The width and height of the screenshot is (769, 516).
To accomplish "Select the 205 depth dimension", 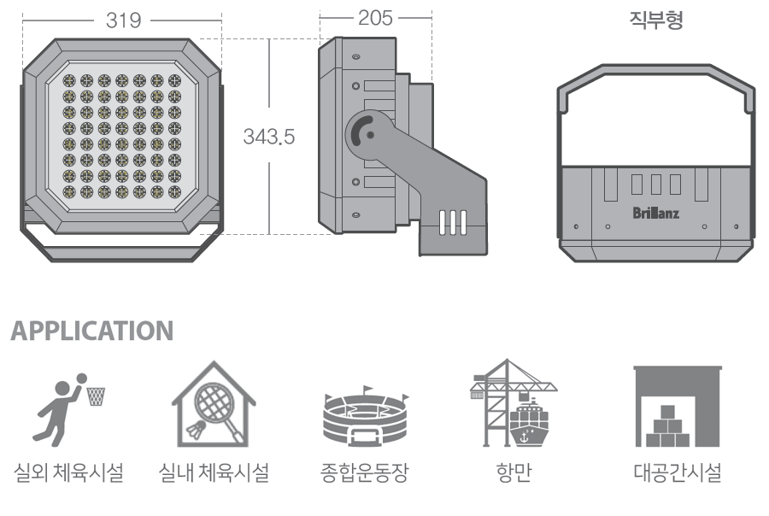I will pos(376,19).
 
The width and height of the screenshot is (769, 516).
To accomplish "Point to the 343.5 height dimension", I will pos(269,137).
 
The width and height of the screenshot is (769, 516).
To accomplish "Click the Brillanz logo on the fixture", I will pos(656,211).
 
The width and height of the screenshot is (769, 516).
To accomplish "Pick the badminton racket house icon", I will pos(214,405).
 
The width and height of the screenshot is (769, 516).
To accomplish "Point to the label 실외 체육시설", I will pos(69,472).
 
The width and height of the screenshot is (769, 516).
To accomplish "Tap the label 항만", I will pos(514,472).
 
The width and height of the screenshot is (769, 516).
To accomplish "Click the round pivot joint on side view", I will pos(366,133).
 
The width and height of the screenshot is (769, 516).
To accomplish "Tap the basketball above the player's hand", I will pos(79,378).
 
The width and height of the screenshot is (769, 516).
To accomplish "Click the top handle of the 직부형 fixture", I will pos(655,71).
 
